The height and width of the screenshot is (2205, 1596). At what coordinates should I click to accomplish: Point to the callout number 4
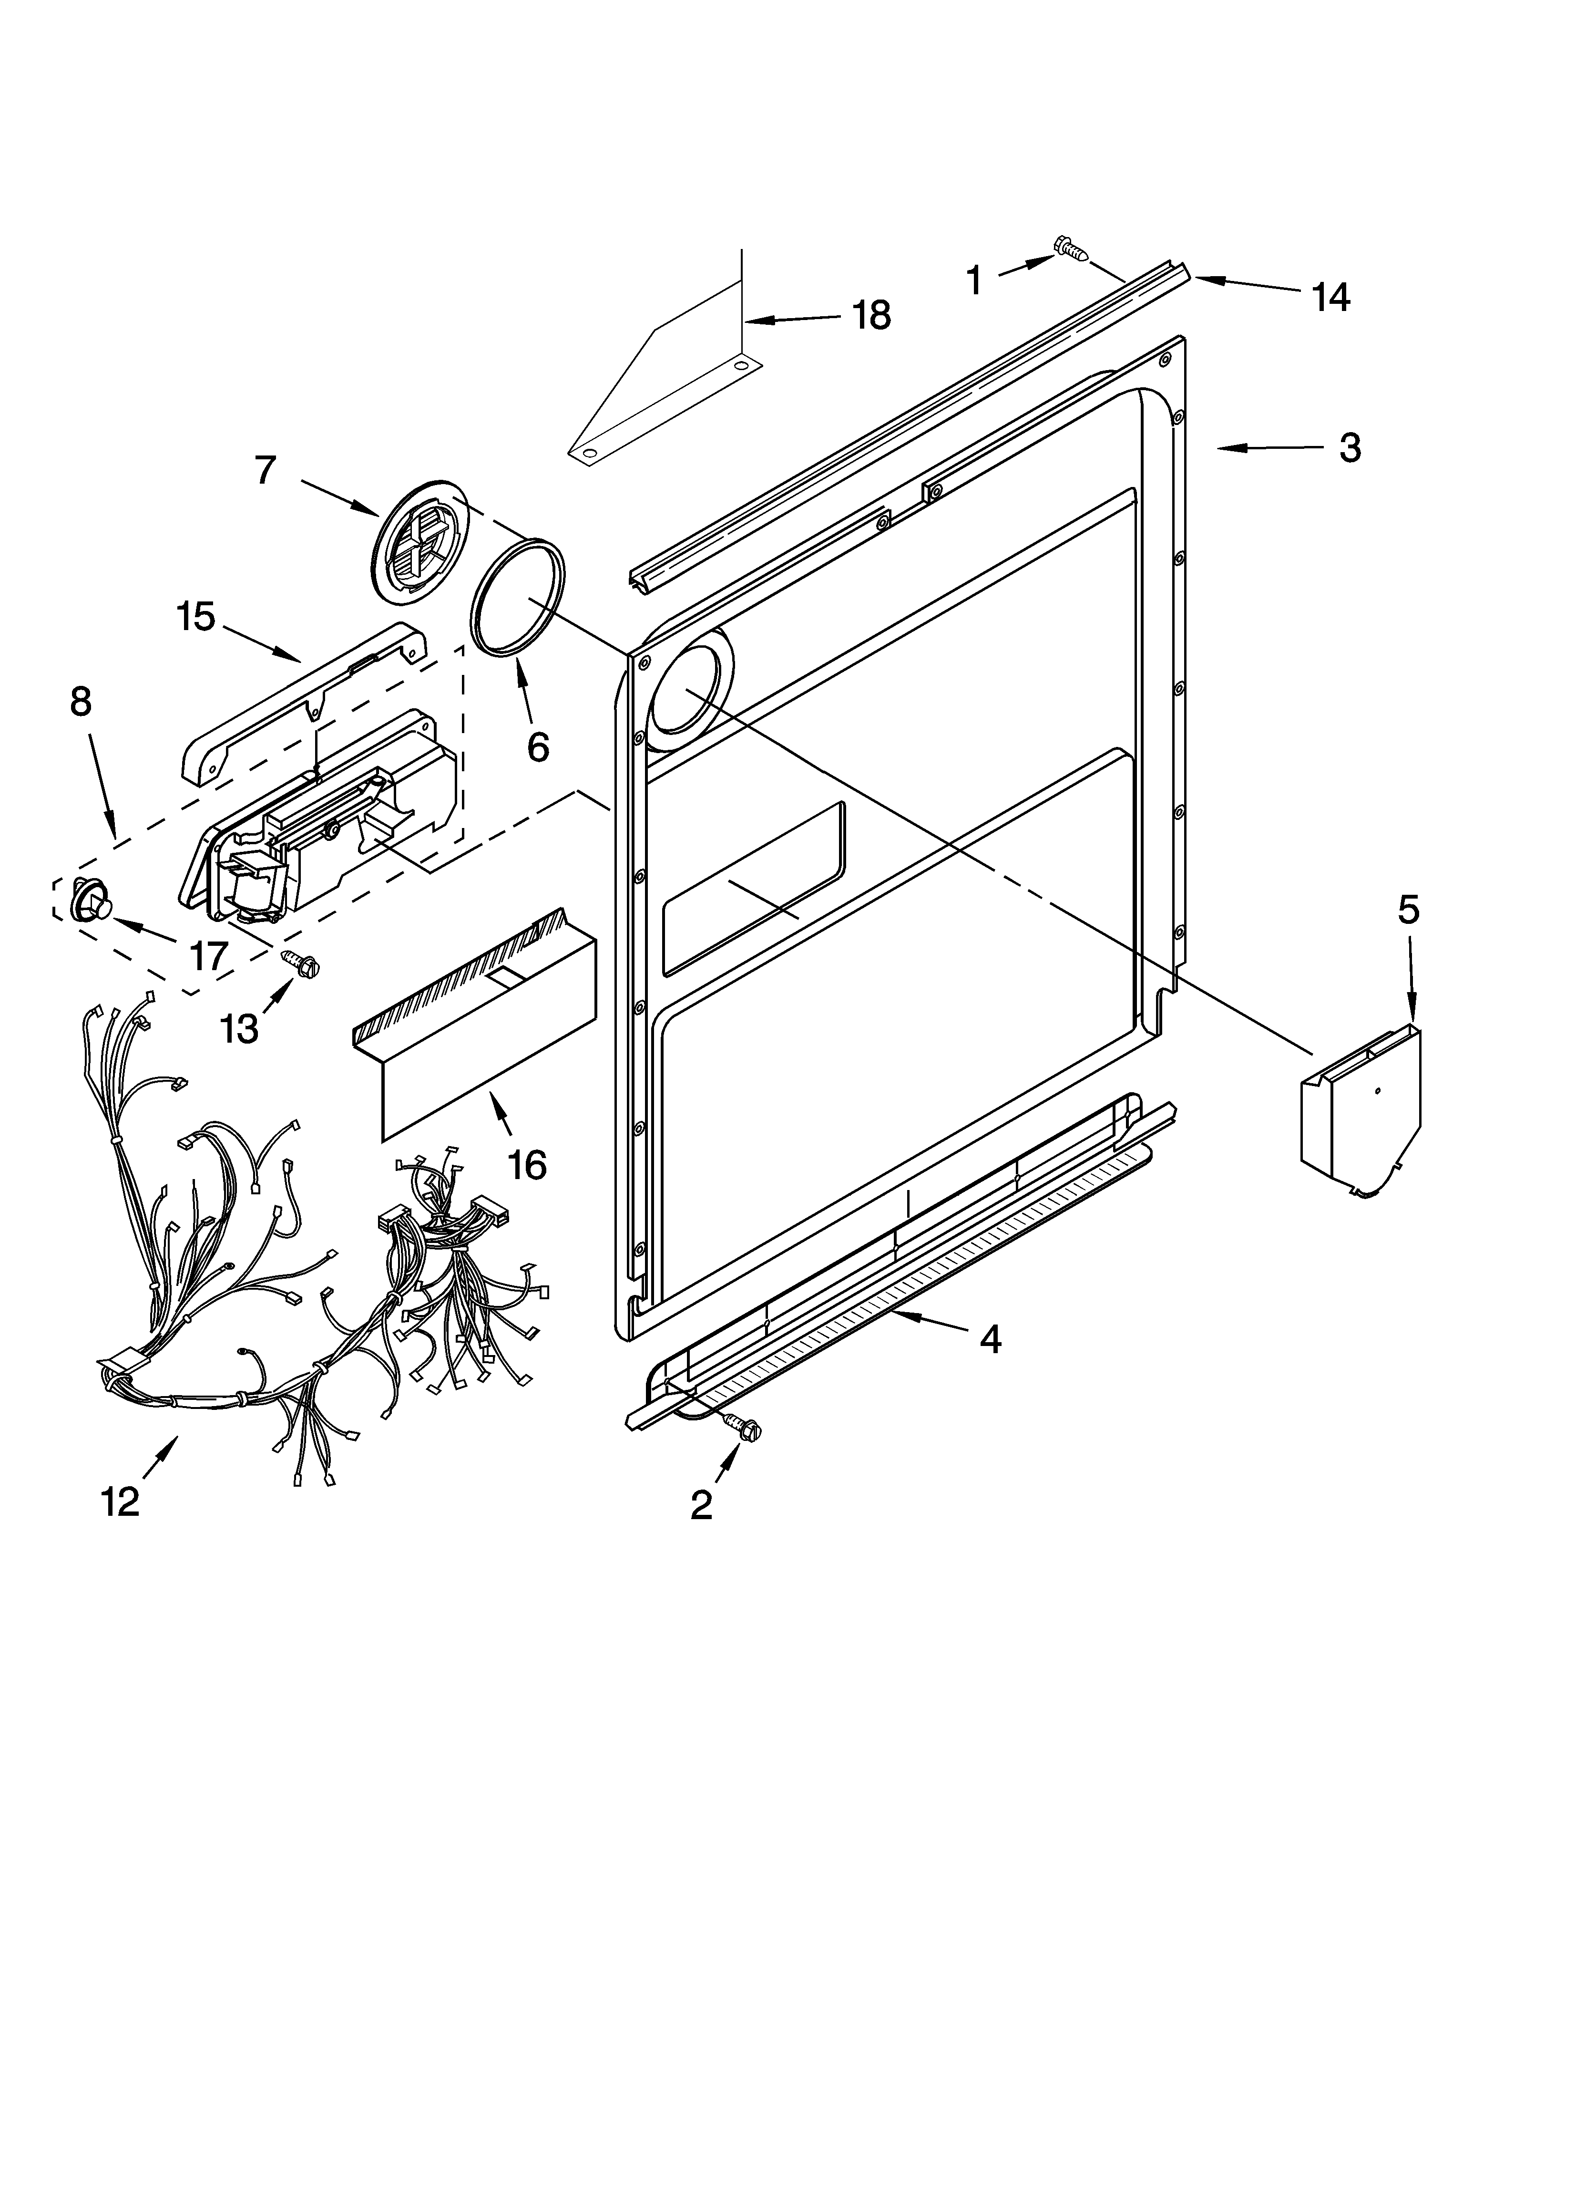[990, 1339]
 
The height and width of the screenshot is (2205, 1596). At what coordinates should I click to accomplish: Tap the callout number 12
[121, 1502]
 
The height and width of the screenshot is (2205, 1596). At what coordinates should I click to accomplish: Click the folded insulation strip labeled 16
[476, 1031]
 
